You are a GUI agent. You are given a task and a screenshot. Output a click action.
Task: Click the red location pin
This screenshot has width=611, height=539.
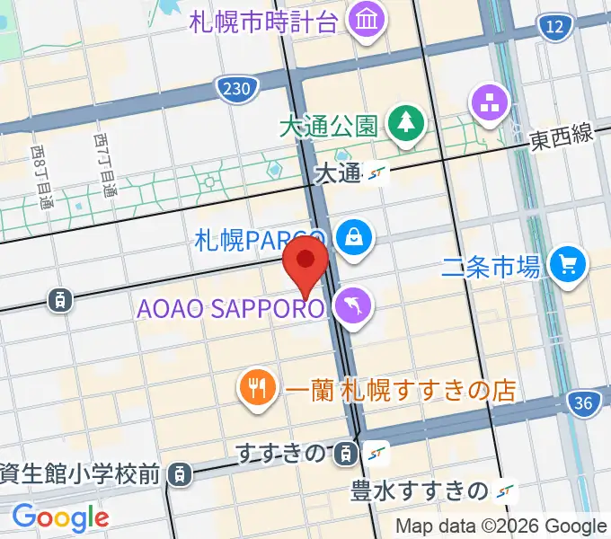[x=305, y=261]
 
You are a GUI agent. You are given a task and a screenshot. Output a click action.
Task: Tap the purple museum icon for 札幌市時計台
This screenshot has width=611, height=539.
[x=366, y=19]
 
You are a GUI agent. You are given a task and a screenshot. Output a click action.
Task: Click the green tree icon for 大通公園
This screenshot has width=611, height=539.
[x=405, y=124]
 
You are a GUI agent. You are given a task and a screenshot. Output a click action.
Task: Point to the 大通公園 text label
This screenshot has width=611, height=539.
[x=328, y=126]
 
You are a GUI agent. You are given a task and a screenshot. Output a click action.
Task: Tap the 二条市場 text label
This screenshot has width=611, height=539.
[x=491, y=266]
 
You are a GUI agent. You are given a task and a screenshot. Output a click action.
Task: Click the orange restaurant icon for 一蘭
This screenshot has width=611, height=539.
[x=258, y=389]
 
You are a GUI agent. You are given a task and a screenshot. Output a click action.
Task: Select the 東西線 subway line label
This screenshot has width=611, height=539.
[x=562, y=137]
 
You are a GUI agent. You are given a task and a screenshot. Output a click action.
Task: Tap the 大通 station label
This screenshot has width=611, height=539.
[x=338, y=174]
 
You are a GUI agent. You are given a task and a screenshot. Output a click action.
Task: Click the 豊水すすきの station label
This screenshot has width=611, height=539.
[x=421, y=490]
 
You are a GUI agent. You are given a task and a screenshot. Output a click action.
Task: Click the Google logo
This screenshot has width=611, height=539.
[x=60, y=517]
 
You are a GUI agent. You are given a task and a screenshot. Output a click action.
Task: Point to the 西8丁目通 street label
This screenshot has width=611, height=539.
[x=41, y=179]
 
